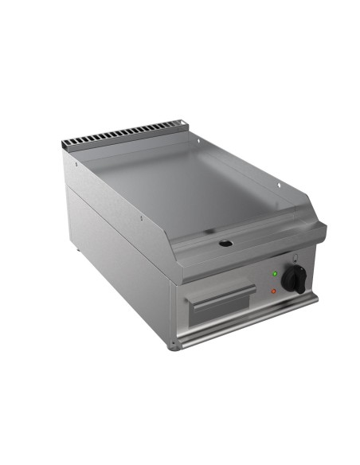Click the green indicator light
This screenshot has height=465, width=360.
tap(275, 273)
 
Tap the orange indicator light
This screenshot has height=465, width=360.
tap(275, 291)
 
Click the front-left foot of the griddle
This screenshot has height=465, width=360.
tap(175, 344)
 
